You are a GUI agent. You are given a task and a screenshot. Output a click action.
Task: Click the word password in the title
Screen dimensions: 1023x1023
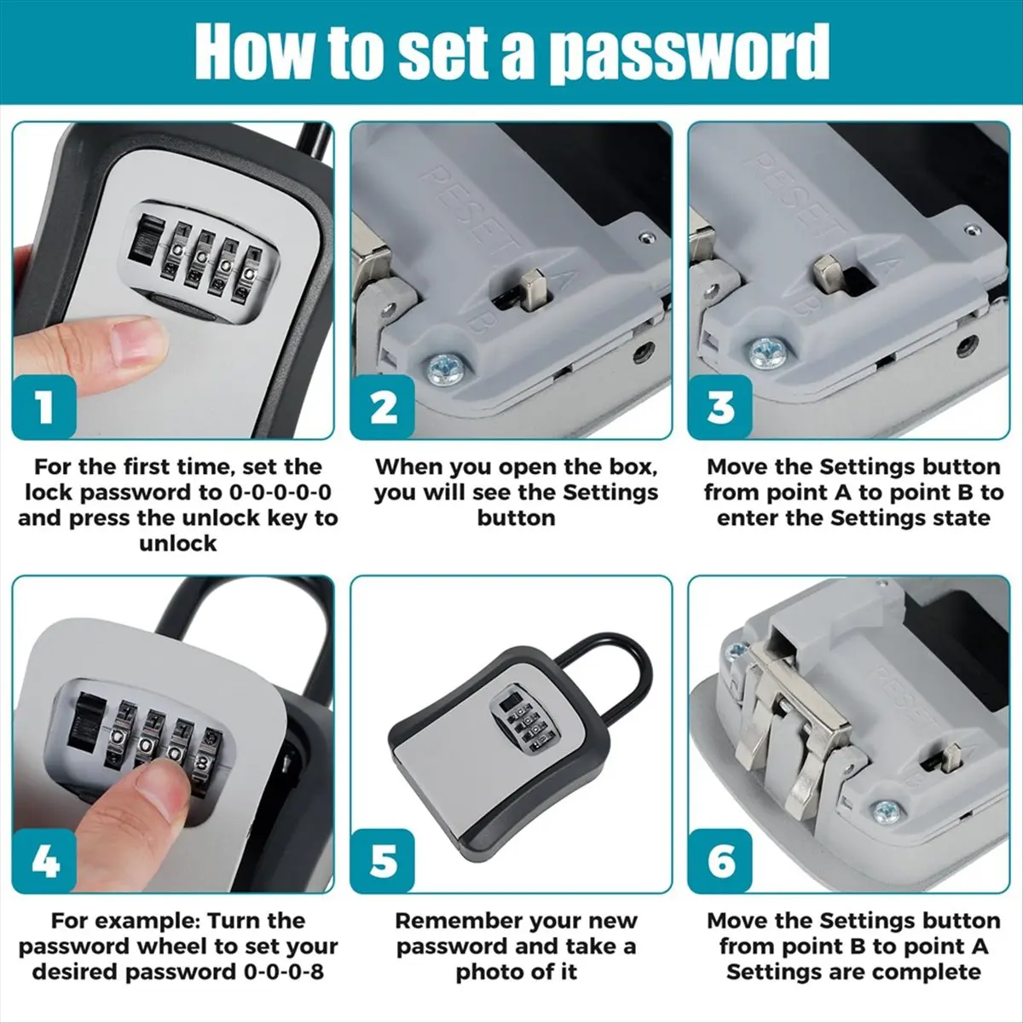tap(689, 53)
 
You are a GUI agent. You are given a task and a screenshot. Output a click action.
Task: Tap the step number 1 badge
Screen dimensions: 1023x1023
tap(44, 407)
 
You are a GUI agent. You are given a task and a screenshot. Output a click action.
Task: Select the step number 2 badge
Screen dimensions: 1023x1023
tap(382, 407)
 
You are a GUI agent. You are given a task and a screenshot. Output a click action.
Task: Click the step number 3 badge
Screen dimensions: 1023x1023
tap(720, 407)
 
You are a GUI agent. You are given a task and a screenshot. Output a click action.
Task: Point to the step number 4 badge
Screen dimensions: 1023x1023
tap(44, 861)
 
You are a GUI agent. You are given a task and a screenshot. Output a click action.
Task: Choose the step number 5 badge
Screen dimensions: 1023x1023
tap(382, 861)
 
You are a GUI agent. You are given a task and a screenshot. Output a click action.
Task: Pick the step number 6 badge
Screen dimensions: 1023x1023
tap(720, 861)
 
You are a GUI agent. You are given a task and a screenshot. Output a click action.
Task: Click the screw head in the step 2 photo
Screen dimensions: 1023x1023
tap(446, 367)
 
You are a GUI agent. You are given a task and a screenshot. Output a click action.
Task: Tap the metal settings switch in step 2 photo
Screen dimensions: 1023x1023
tap(532, 290)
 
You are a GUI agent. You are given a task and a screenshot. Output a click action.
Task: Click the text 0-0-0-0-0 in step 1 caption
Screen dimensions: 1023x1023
tap(280, 492)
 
